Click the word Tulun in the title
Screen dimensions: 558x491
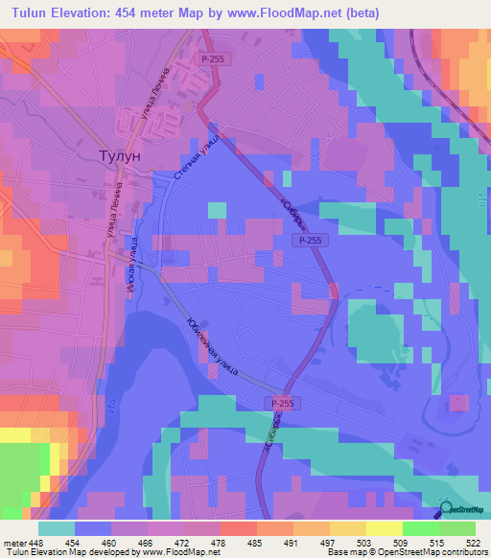click(32, 13)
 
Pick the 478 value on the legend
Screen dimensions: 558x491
click(244, 542)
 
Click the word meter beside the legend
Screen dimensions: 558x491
click(16, 542)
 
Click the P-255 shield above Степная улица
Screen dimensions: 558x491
click(213, 59)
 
